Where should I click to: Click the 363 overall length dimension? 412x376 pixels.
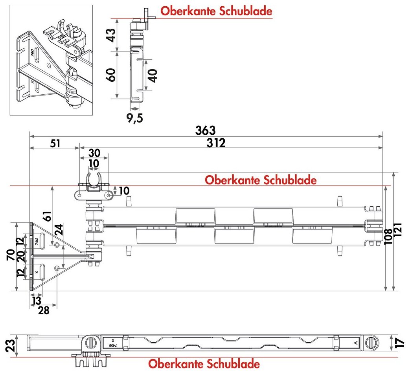pos(206,130)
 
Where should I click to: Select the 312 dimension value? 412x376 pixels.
pos(216,143)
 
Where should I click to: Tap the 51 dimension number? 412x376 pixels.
pos(55,143)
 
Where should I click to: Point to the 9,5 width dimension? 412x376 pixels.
pos(134,118)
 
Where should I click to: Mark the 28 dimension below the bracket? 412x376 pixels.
pos(44,310)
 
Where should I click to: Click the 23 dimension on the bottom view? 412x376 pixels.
pos(11,345)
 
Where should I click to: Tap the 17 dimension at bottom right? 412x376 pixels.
pos(400,343)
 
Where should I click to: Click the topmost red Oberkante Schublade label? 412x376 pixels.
pos(216,11)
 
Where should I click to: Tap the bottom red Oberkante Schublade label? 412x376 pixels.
pos(204,364)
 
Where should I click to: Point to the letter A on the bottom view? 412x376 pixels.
pos(355,343)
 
